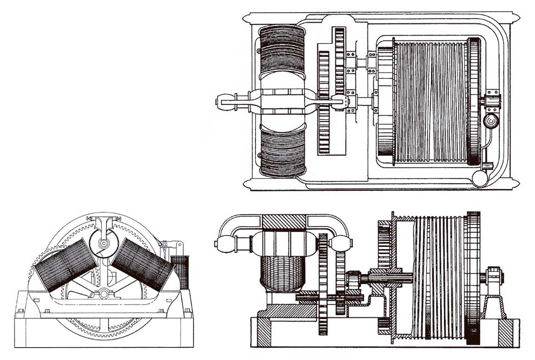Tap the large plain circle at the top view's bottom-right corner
click(x=481, y=178)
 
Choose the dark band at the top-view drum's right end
click(x=473, y=102)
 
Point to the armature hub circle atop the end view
click(x=104, y=242)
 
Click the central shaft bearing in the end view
click(x=104, y=292)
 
